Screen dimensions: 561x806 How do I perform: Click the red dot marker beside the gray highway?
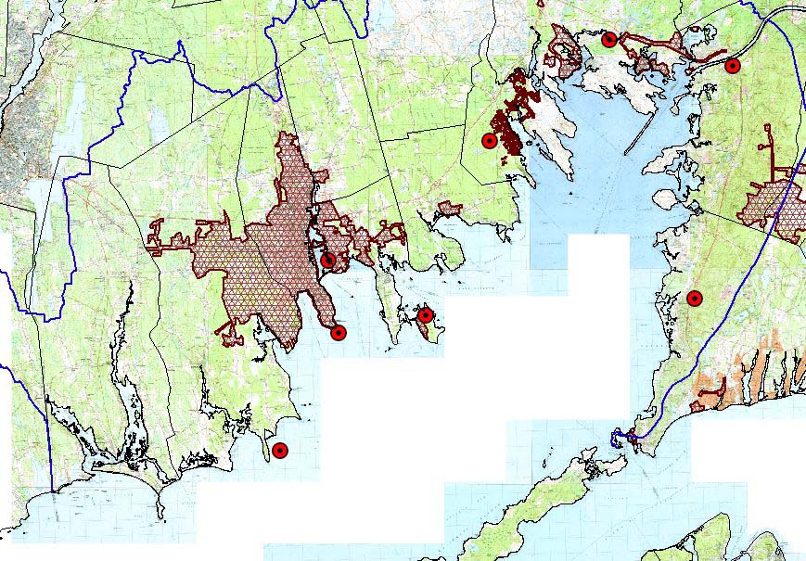point(732,66)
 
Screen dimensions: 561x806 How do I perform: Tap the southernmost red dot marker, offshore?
point(280,451)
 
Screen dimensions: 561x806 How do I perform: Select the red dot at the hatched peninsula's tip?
point(339,333)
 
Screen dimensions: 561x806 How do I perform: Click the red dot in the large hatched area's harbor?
point(328,260)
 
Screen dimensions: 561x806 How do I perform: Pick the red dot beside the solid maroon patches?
point(489,141)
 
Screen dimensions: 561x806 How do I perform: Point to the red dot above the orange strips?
point(694,298)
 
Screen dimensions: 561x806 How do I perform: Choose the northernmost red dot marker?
point(609,39)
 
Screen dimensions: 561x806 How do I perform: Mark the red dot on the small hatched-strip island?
point(425,315)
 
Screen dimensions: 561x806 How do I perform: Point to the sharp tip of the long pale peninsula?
point(571,176)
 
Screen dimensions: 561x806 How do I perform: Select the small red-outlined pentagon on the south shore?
point(450,209)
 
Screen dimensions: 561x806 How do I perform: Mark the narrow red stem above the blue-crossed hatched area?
point(768,153)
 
